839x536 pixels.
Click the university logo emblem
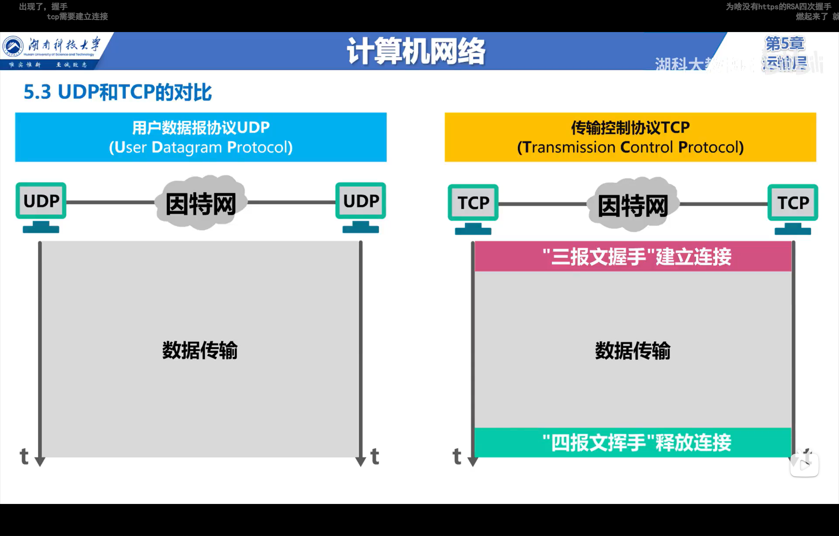[x=13, y=47]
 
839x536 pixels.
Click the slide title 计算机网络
[x=416, y=51]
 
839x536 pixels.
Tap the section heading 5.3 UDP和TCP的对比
[x=117, y=92]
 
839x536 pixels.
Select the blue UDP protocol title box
[x=201, y=137]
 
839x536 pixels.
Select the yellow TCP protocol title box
[x=630, y=137]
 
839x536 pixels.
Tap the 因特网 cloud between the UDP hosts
[x=201, y=203]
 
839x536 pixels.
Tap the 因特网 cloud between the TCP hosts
[x=633, y=205]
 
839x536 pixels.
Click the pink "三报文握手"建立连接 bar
[x=633, y=257]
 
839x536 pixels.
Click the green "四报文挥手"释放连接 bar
[x=633, y=442]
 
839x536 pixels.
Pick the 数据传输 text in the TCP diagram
[x=632, y=350]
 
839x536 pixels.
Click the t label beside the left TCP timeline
[x=457, y=456]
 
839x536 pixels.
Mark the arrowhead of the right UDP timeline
[x=361, y=462]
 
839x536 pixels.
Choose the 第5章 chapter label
[x=785, y=44]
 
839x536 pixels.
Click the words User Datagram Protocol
[x=201, y=147]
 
